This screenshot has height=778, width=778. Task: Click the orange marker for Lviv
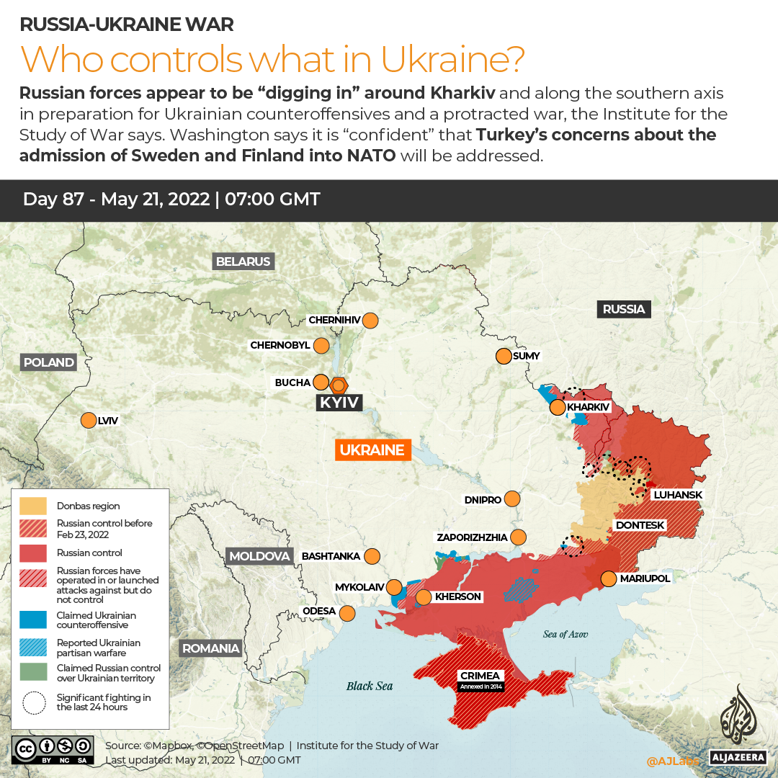click(89, 420)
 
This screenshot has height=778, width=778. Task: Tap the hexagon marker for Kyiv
click(338, 385)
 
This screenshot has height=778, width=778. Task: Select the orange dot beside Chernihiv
click(371, 321)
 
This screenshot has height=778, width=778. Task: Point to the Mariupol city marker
click(609, 578)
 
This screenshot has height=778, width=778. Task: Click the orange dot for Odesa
click(347, 613)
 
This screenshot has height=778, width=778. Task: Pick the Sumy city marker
click(504, 356)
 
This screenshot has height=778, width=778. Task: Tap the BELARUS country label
click(243, 261)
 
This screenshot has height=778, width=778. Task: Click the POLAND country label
click(49, 362)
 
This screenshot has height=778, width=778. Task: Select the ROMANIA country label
click(210, 648)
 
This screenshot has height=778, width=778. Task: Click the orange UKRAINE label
click(372, 450)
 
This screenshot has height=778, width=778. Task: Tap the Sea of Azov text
click(565, 634)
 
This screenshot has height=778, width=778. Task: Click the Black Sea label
click(370, 686)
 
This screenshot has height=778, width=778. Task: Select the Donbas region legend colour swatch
click(33, 506)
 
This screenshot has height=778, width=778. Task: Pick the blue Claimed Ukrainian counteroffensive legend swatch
click(33, 620)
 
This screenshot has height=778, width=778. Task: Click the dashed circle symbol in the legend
click(33, 702)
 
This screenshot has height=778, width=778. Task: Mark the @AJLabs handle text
click(671, 760)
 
